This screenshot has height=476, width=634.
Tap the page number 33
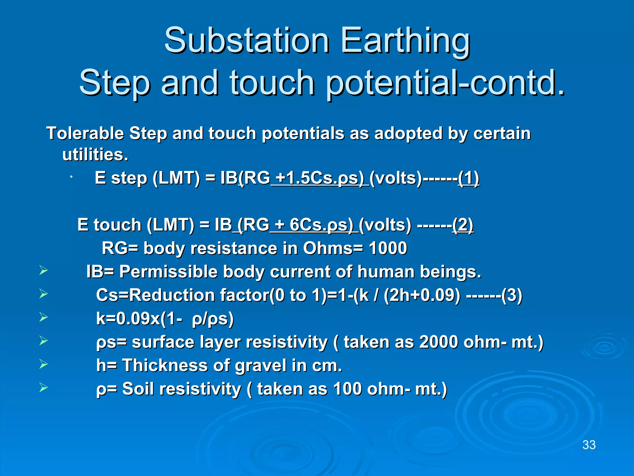point(589,445)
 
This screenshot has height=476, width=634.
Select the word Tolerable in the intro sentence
point(85,134)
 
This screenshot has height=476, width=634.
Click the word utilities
point(95,154)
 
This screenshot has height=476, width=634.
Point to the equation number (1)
point(469,178)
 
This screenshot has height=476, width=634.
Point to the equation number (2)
point(462,225)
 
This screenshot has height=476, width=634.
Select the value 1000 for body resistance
point(388,248)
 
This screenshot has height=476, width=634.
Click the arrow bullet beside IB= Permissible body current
point(44,271)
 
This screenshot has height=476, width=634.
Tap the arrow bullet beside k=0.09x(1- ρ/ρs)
point(44,317)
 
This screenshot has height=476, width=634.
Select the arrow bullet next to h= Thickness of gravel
point(44,364)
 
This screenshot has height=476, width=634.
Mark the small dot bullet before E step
point(71,177)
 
